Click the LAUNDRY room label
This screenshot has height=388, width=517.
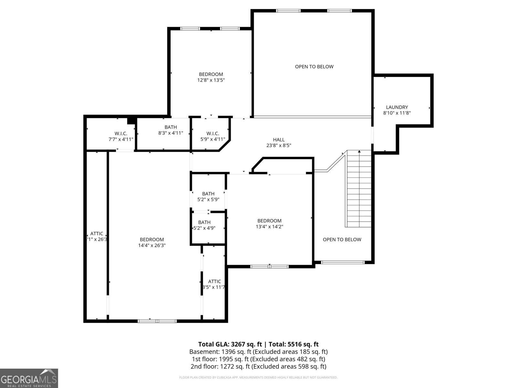click(x=397, y=107)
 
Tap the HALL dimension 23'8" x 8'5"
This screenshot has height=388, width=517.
click(x=279, y=145)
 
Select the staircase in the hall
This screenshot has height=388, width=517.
click(x=359, y=189)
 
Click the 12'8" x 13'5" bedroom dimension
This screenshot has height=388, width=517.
click(x=211, y=80)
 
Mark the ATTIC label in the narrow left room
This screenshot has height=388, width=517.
click(x=97, y=234)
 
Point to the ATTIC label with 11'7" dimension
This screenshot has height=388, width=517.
click(x=214, y=282)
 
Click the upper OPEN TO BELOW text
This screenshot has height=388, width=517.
click(x=314, y=67)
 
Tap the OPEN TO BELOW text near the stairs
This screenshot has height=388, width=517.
click(x=342, y=240)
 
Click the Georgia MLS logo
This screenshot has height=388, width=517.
click(x=29, y=378)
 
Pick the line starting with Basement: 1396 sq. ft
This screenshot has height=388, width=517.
click(x=258, y=352)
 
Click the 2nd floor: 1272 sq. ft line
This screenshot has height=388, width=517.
click(x=258, y=367)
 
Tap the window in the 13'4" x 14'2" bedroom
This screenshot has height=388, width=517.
click(x=269, y=266)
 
